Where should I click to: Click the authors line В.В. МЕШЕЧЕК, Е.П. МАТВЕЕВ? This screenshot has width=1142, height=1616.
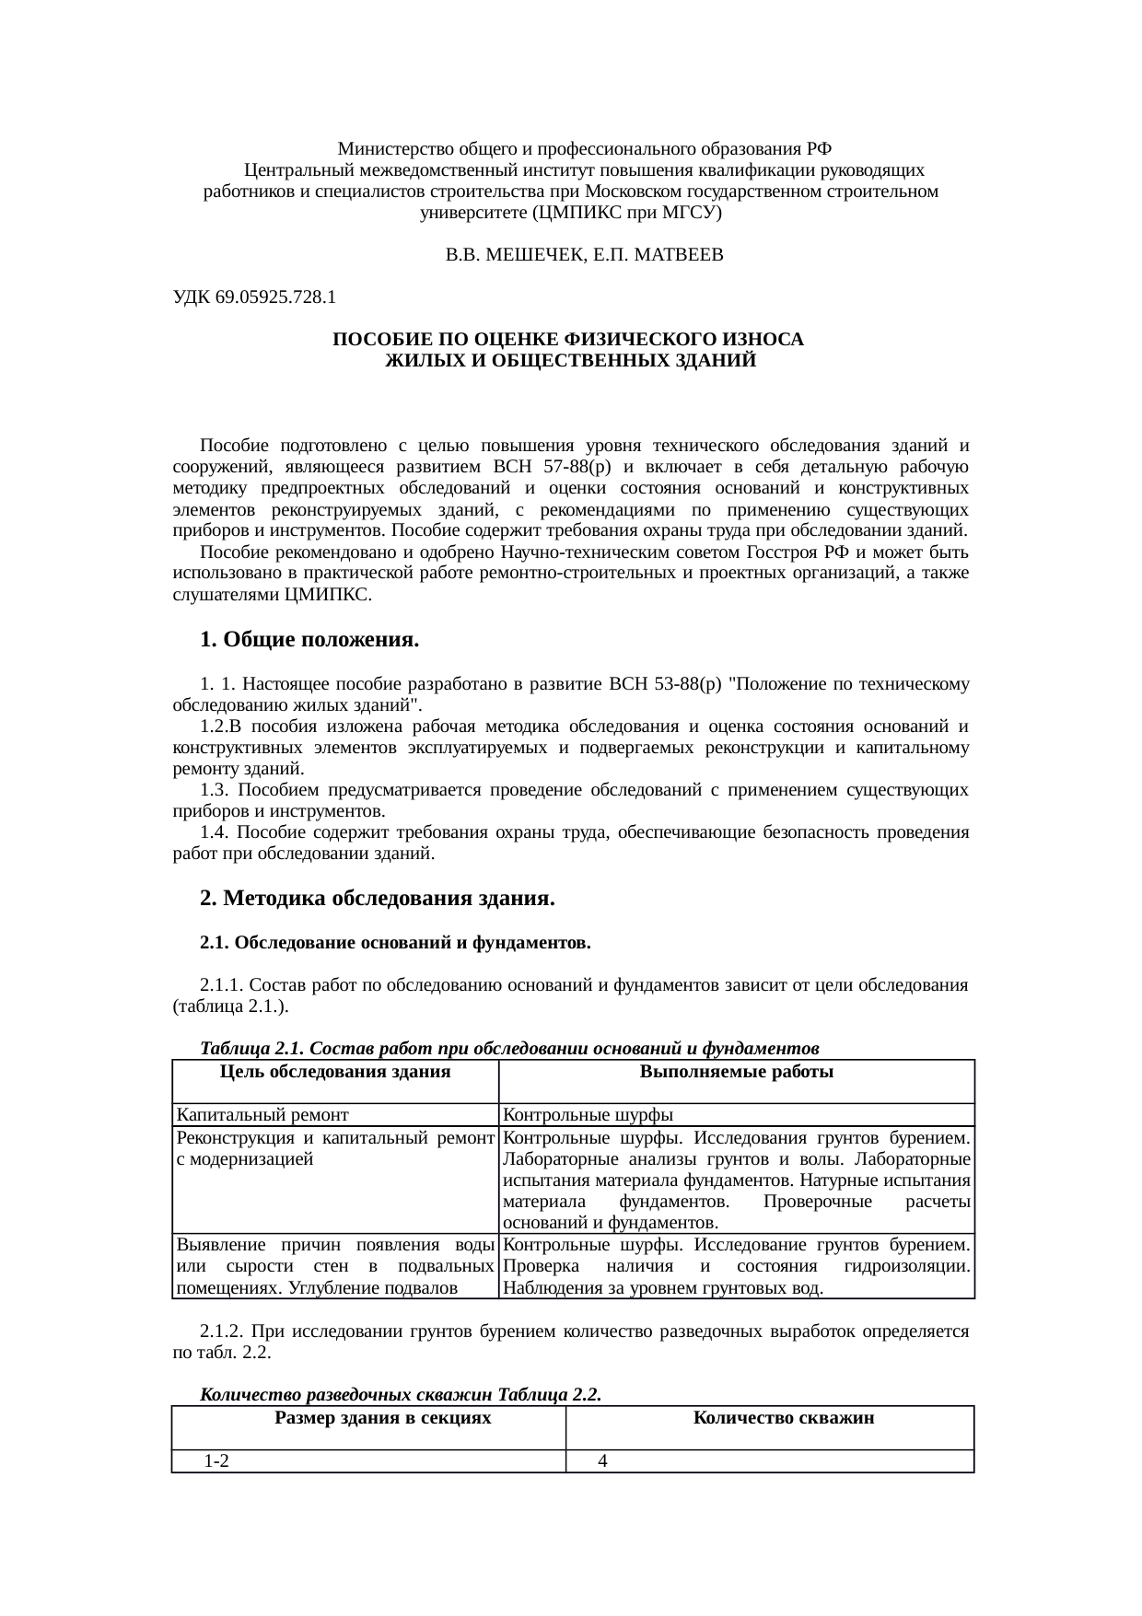pyautogui.click(x=584, y=255)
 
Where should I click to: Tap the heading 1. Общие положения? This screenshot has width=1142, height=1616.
pyautogui.click(x=309, y=639)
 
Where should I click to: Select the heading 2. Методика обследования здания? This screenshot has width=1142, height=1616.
pyautogui.click(x=377, y=897)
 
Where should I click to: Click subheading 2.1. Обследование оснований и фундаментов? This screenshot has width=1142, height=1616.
pyautogui.click(x=395, y=943)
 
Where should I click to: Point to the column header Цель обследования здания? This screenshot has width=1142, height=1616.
pyautogui.click(x=335, y=1072)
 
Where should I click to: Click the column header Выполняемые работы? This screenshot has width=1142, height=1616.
pyautogui.click(x=736, y=1072)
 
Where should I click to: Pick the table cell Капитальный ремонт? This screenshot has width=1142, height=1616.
pyautogui.click(x=262, y=1115)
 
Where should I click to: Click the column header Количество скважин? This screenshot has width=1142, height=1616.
pyautogui.click(x=783, y=1418)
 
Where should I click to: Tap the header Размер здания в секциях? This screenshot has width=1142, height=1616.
pyautogui.click(x=382, y=1418)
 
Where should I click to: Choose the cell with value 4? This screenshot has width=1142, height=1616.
pyautogui.click(x=602, y=1461)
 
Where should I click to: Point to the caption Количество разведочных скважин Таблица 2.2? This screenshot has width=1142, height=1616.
pyautogui.click(x=401, y=1395)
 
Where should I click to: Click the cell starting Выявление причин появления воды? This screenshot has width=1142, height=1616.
pyautogui.click(x=334, y=1265)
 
